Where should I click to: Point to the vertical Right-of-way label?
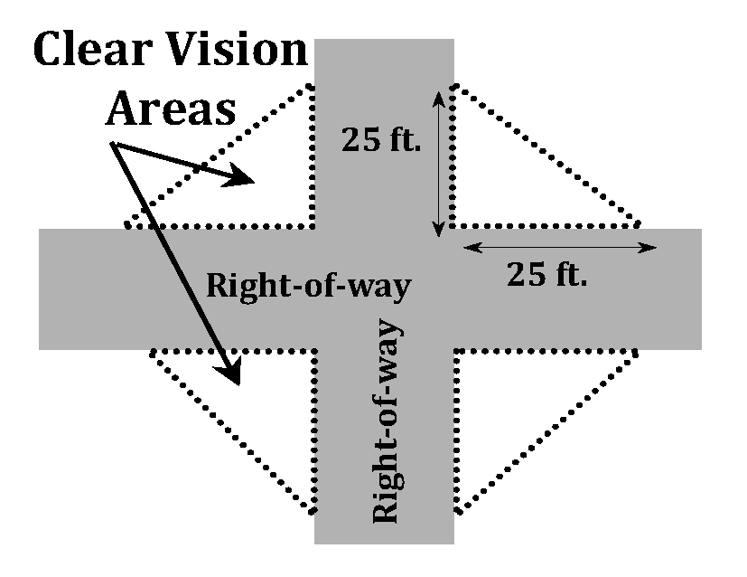point(386,421)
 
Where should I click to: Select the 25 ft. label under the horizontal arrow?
point(547,274)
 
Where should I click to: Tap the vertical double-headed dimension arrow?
point(439,163)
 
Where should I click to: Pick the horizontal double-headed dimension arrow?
point(560,247)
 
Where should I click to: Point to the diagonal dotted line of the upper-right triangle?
point(546,154)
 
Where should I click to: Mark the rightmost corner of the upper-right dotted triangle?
point(640,222)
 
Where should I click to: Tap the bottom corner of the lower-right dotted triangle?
point(457,513)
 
